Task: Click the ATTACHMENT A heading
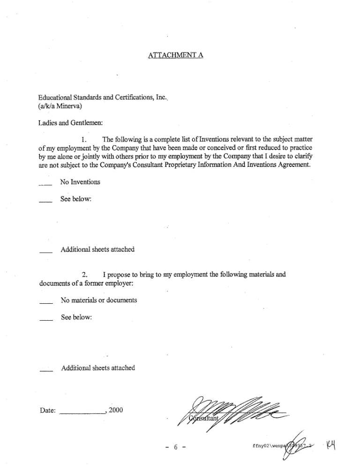[x=175, y=55]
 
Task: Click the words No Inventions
[x=80, y=182]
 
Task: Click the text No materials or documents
[x=98, y=300]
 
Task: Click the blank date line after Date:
[x=83, y=414]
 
